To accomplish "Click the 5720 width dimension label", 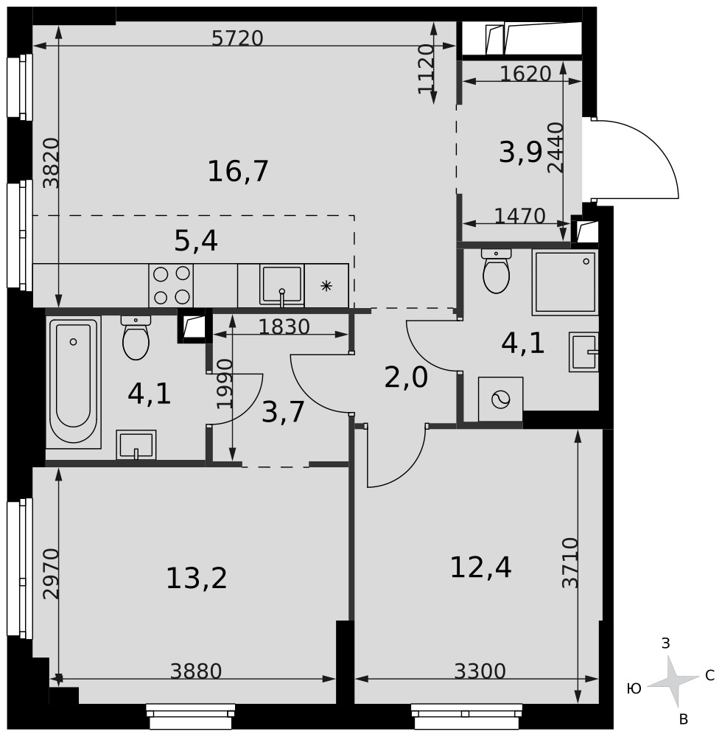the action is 237,38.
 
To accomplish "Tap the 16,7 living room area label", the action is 238,171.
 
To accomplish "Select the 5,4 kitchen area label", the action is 196,242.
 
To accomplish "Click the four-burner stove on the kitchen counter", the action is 171,285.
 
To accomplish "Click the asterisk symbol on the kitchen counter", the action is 326,286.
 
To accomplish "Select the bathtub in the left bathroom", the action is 73,382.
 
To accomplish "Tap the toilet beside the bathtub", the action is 136,338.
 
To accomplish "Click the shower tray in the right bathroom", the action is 565,282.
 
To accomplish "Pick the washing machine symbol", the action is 500,399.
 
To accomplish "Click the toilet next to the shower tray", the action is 496,271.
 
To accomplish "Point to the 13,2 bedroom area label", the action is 197,578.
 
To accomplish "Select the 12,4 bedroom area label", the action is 480,567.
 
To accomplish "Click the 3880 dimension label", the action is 196,671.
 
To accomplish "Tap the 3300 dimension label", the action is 480,671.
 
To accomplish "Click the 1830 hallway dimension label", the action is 284,326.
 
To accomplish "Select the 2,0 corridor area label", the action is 406,378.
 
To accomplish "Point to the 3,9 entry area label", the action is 520,153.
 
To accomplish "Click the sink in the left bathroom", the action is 136,444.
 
